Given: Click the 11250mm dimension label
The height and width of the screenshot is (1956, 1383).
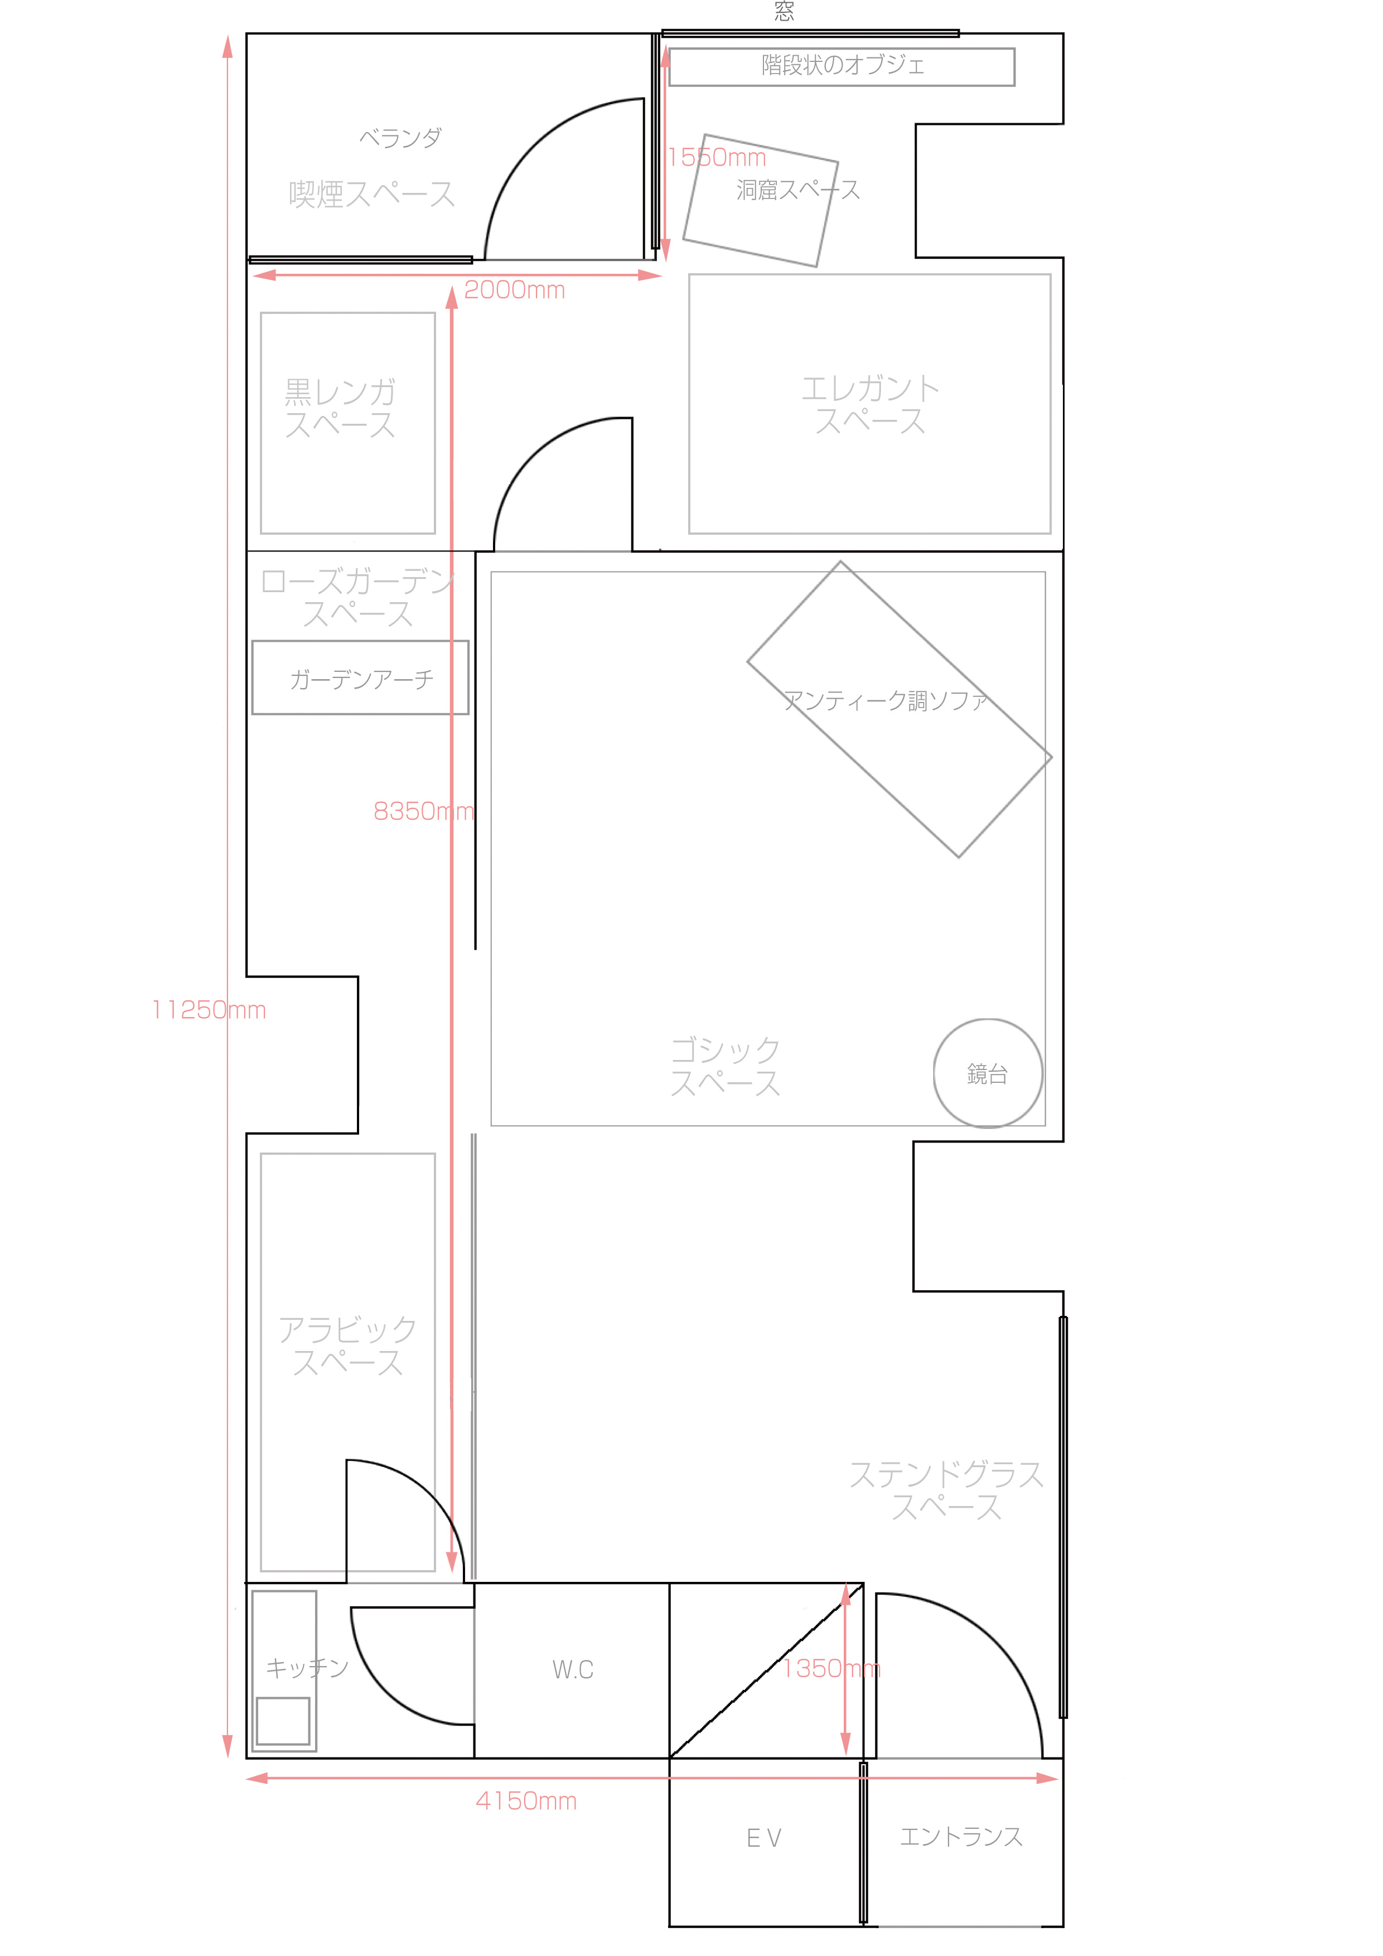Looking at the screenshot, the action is tap(209, 1010).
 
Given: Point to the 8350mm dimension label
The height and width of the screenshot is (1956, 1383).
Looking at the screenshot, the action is tap(423, 811).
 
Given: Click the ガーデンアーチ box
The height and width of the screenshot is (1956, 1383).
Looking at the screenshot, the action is tap(360, 677).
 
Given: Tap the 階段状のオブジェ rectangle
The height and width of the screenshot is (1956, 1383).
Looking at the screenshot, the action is tap(842, 66).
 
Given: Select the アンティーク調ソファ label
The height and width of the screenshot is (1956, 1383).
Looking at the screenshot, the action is tap(886, 700).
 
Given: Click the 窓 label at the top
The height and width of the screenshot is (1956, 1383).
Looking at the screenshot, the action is tap(784, 11).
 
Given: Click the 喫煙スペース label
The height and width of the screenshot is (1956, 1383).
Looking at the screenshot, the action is tap(371, 193).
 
